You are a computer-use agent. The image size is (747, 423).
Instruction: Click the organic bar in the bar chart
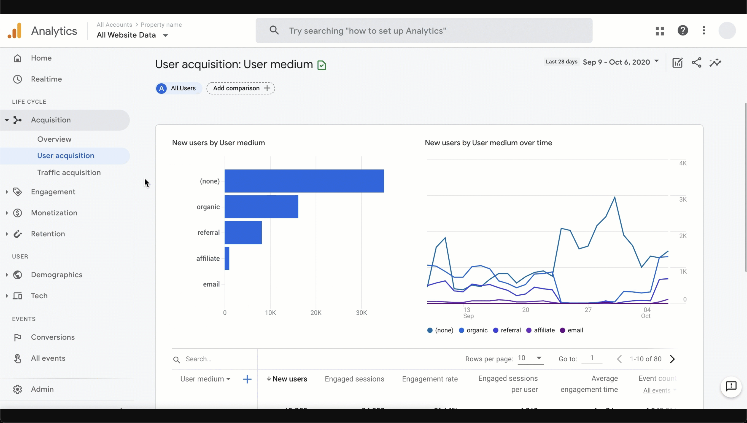click(x=261, y=207)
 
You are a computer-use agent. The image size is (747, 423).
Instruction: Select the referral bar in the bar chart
click(x=243, y=232)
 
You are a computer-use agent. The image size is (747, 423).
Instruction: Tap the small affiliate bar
click(x=227, y=258)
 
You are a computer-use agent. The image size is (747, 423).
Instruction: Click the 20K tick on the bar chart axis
click(x=316, y=313)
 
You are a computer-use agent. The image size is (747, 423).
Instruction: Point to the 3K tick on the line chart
click(x=683, y=199)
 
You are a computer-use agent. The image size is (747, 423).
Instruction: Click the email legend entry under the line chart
click(x=571, y=330)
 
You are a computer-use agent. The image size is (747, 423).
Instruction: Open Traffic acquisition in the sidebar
click(x=69, y=173)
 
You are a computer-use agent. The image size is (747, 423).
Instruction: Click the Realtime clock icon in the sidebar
click(x=18, y=79)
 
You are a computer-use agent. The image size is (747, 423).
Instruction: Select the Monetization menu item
click(x=54, y=213)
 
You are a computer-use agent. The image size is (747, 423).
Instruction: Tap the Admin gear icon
click(x=18, y=389)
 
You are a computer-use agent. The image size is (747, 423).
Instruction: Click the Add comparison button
click(x=240, y=88)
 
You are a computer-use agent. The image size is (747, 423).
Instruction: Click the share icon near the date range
click(x=696, y=62)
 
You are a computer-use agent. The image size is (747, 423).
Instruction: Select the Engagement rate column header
click(x=430, y=379)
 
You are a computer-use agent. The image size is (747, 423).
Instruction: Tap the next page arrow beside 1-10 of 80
click(x=672, y=359)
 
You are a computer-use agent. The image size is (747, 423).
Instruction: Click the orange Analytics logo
click(x=15, y=31)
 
